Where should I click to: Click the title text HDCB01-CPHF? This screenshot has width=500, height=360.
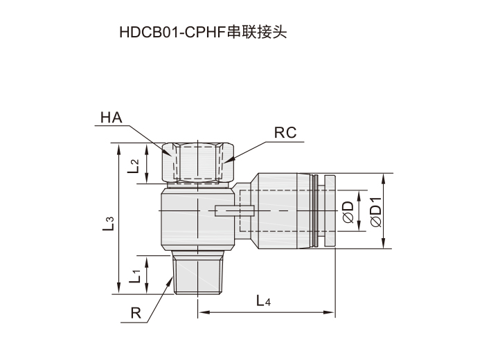point(172,33)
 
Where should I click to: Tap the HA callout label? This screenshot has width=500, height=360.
point(111,118)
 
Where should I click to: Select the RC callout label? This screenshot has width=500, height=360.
point(285,133)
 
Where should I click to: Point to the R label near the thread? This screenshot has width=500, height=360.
point(136,313)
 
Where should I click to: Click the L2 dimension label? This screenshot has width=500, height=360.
point(134,166)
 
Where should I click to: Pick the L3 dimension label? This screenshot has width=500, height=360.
point(108,223)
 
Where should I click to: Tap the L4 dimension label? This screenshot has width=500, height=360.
point(264,300)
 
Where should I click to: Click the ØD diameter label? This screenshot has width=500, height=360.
point(348,212)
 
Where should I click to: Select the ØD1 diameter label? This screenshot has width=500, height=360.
point(376,212)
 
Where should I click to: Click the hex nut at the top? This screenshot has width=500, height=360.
point(198,162)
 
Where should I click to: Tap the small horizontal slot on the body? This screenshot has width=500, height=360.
point(234,210)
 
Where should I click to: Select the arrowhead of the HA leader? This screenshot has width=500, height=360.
point(168,152)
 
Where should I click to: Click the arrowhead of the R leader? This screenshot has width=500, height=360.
point(170,280)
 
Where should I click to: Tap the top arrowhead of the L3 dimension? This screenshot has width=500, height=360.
point(119,149)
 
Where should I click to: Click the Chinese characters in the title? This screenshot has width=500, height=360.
point(257,33)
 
